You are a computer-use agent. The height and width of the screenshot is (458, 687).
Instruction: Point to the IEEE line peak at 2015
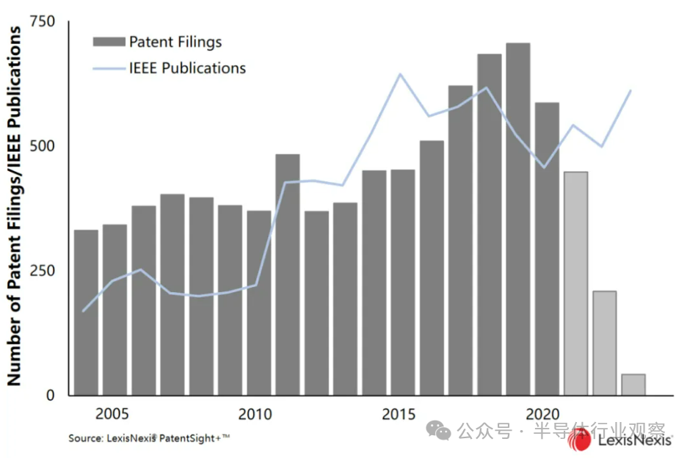pyautogui.click(x=400, y=74)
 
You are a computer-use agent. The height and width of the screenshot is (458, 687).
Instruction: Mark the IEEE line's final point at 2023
pyautogui.click(x=630, y=91)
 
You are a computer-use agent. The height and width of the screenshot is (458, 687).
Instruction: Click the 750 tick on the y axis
pyautogui.click(x=42, y=22)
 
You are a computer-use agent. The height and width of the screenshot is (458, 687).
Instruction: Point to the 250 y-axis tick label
pyautogui.click(x=42, y=270)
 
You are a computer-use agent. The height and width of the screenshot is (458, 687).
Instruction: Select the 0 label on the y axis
pyautogui.click(x=50, y=395)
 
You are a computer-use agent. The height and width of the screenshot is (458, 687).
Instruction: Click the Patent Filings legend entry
pyautogui.click(x=157, y=42)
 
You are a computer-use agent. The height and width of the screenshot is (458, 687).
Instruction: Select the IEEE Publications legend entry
pyautogui.click(x=170, y=68)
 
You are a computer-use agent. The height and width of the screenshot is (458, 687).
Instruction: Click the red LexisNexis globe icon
pyautogui.click(x=579, y=439)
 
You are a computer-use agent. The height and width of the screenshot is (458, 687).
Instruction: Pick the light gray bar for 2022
pyautogui.click(x=604, y=342)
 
